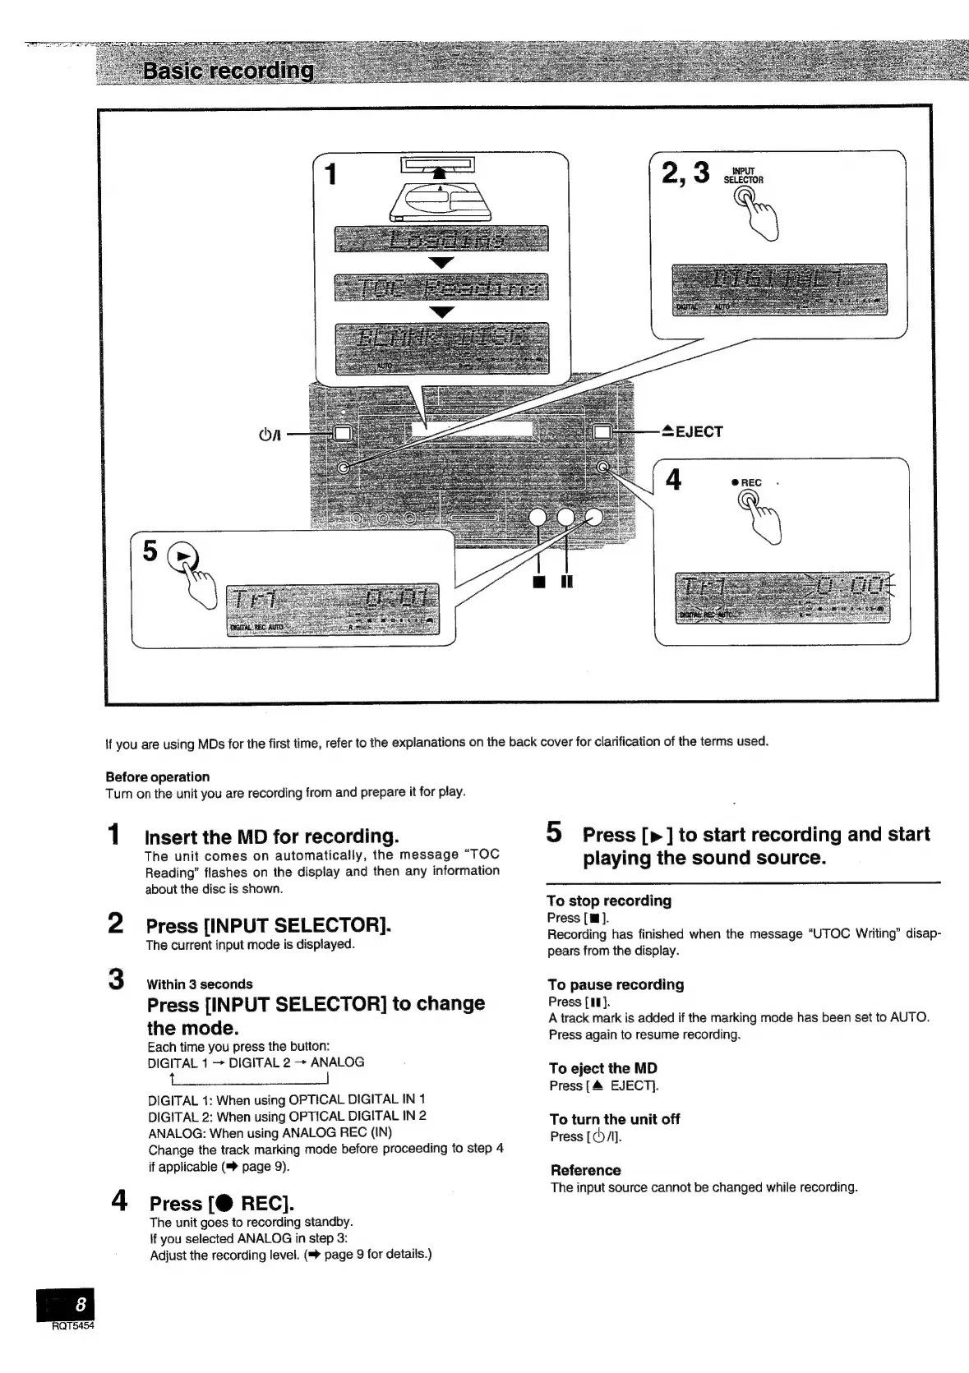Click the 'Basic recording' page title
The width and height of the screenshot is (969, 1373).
(x=228, y=71)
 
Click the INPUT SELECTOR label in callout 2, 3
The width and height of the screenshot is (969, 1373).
(x=743, y=175)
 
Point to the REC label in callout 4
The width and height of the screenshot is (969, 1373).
(x=750, y=482)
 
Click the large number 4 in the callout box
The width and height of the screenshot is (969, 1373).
(x=673, y=479)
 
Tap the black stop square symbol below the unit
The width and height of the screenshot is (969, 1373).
(x=538, y=583)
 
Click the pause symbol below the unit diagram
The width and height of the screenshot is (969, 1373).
(x=567, y=583)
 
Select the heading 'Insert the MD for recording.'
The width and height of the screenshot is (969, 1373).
(x=271, y=836)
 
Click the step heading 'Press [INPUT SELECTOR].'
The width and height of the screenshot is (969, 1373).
(x=268, y=925)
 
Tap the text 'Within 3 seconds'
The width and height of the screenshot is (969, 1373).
(x=200, y=984)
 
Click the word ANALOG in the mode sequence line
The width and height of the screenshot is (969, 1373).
(x=337, y=1062)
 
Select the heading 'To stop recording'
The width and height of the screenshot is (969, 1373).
(x=609, y=901)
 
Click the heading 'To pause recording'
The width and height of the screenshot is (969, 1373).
(x=616, y=984)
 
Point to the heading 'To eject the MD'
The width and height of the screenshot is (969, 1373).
(x=603, y=1068)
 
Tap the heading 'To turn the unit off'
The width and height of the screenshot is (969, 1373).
(x=615, y=1119)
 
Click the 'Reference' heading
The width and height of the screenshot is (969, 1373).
(x=585, y=1170)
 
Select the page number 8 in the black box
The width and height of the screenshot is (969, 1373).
(x=79, y=1304)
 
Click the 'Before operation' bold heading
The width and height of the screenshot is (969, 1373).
(x=157, y=776)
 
